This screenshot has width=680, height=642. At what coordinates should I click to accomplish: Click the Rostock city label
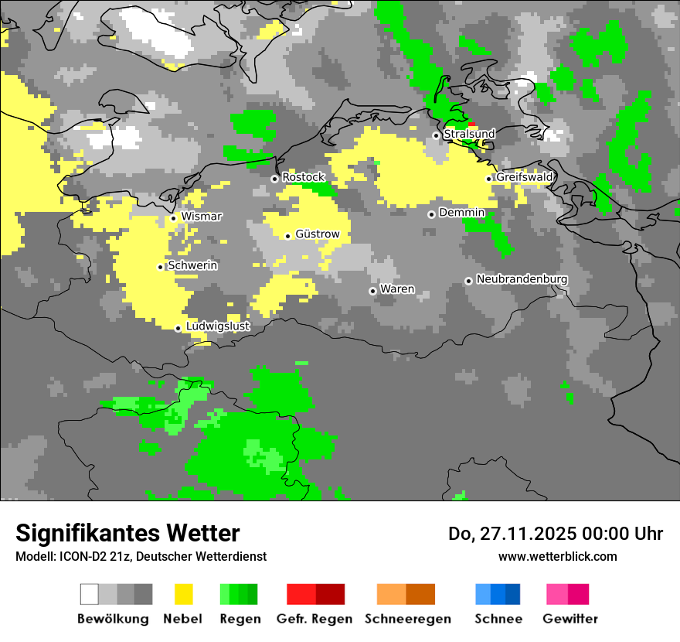tap(304, 178)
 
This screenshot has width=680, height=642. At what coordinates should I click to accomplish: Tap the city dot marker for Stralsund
tap(436, 135)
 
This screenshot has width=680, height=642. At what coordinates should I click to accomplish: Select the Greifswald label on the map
tap(525, 177)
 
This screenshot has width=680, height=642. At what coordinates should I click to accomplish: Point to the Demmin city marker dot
tap(431, 214)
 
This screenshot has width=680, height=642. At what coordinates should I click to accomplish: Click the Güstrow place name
tap(318, 234)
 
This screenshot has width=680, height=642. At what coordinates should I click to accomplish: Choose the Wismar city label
tap(202, 217)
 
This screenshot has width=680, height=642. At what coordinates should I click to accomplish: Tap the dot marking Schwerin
tap(161, 267)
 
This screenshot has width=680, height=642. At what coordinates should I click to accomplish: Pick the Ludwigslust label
tap(218, 326)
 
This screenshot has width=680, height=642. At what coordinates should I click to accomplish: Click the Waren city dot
tap(372, 291)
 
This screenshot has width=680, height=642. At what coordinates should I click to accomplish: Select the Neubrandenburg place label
tap(522, 279)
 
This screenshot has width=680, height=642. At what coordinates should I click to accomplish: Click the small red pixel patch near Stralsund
tap(472, 125)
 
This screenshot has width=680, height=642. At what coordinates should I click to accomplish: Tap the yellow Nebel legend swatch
tap(184, 594)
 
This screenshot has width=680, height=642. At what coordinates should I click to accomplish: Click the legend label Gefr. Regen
tap(314, 619)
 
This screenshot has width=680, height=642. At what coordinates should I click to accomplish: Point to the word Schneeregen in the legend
tap(408, 619)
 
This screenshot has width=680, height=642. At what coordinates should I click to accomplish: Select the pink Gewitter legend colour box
tap(568, 594)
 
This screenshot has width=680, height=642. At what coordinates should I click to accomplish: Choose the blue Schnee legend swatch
tap(498, 594)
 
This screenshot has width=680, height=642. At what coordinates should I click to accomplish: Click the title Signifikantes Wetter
tap(127, 534)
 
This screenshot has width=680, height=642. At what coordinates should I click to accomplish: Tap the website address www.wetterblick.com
tap(558, 556)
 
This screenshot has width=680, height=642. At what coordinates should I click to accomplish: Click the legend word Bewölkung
tap(113, 619)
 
